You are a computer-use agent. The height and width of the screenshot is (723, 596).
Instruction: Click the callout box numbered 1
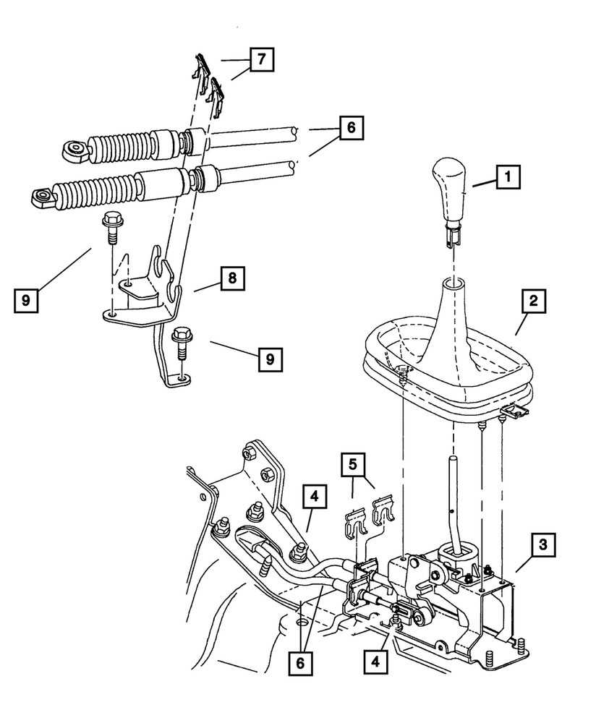(x=508, y=175)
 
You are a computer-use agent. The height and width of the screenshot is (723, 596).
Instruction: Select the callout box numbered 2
(x=533, y=301)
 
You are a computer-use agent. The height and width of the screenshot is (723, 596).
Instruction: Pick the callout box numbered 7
(x=263, y=59)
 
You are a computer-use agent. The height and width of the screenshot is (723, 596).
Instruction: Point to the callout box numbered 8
(x=233, y=278)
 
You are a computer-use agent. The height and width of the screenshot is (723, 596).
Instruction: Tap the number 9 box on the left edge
(x=25, y=299)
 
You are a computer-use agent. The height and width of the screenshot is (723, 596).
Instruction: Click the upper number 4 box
(x=315, y=498)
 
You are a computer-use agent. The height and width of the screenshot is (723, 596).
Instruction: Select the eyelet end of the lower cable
(x=42, y=195)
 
